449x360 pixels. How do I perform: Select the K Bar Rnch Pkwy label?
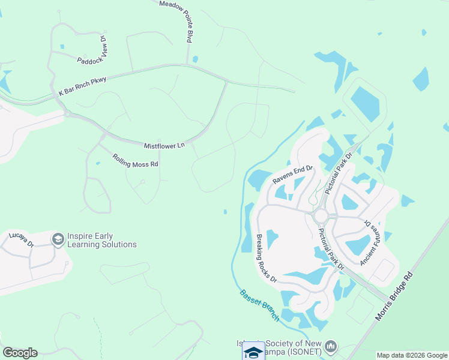pyautogui.click(x=82, y=87)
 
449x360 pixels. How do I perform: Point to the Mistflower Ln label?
pyautogui.click(x=164, y=145)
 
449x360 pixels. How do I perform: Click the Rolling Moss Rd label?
pyautogui.click(x=135, y=160)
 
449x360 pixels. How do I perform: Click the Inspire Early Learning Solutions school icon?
pyautogui.click(x=58, y=239)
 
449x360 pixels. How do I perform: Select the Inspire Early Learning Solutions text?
pyautogui.click(x=102, y=240)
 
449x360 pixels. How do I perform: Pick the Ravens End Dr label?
pyautogui.click(x=293, y=175)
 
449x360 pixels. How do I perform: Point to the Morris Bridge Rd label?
pyautogui.click(x=394, y=296)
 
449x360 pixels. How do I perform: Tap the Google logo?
pyautogui.click(x=20, y=353)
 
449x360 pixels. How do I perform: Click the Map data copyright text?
pyautogui.click(x=412, y=355)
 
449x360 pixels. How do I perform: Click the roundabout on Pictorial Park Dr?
pyautogui.click(x=321, y=215)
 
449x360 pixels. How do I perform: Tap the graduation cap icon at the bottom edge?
pyautogui.click(x=254, y=352)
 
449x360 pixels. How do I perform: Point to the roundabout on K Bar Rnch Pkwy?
pyautogui.click(x=68, y=113)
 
